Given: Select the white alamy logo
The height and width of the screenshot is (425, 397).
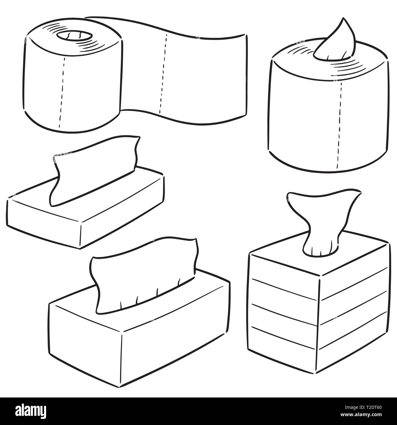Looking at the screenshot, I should click(x=31, y=411).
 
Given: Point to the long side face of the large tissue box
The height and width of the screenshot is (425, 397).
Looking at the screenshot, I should click(x=177, y=333).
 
